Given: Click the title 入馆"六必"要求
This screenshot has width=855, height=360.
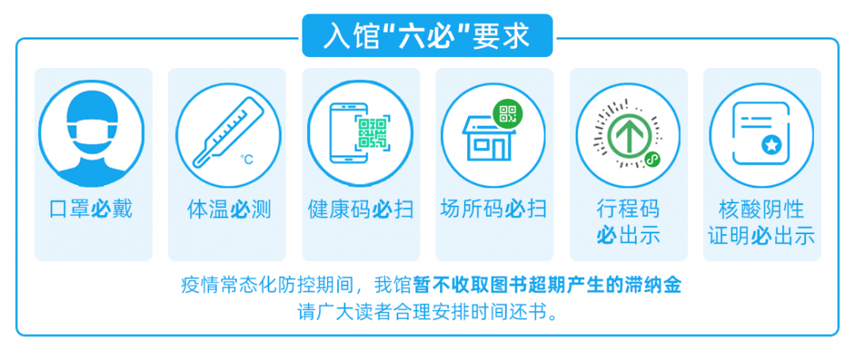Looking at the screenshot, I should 427,36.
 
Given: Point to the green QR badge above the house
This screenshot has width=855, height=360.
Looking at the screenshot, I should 508,114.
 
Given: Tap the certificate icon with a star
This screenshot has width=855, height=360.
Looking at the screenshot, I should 761,131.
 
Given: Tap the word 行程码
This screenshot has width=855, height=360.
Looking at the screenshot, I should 628,209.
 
